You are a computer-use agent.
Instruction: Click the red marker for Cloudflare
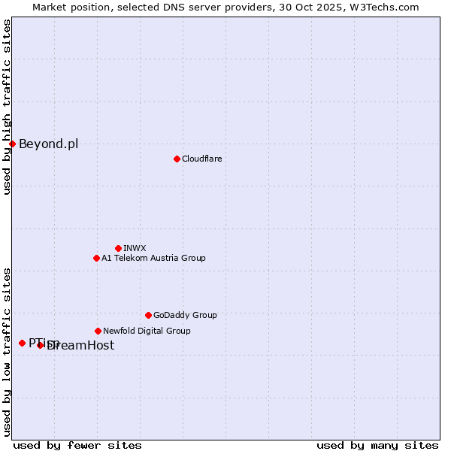(x=177, y=159)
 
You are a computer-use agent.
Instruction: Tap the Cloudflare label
(x=201, y=159)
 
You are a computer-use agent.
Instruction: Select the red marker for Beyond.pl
(x=12, y=144)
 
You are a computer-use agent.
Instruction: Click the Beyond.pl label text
(x=48, y=144)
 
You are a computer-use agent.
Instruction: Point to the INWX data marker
(x=118, y=248)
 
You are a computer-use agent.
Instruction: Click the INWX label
(x=135, y=248)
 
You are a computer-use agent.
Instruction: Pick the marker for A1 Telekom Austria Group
(x=96, y=258)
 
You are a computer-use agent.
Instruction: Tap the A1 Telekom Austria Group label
(x=153, y=258)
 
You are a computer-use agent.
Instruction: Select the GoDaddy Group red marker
(x=148, y=315)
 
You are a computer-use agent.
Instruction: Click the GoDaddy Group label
(x=185, y=315)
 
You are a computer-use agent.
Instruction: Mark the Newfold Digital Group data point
(x=98, y=331)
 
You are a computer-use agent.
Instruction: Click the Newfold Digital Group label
(x=147, y=331)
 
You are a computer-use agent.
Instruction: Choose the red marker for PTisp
(x=22, y=343)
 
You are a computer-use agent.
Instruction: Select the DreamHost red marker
(x=41, y=345)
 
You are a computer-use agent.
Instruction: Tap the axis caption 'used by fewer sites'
(x=77, y=445)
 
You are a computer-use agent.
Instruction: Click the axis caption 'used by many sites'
(x=377, y=445)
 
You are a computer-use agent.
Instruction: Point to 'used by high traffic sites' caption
(x=7, y=107)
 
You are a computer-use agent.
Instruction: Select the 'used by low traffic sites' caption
(x=7, y=351)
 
